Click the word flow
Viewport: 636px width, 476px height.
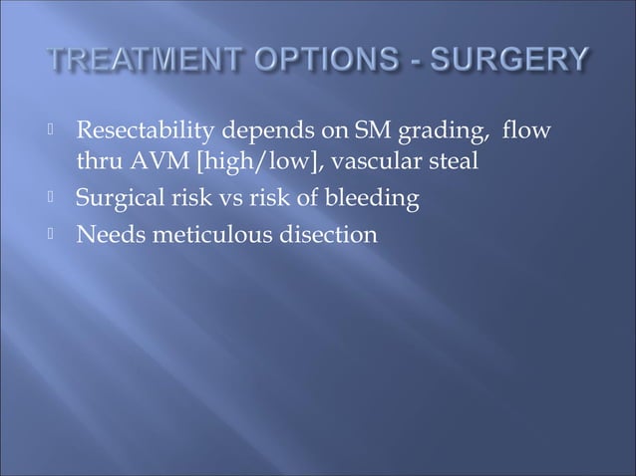pyautogui.click(x=475, y=132)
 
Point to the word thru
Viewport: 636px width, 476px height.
pyautogui.click(x=97, y=160)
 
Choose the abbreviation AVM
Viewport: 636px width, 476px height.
pyautogui.click(x=149, y=160)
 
